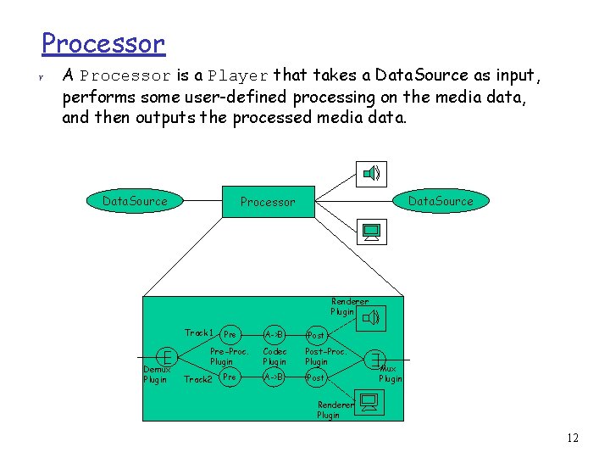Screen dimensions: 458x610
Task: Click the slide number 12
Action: click(x=573, y=438)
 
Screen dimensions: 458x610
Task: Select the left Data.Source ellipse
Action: click(x=135, y=201)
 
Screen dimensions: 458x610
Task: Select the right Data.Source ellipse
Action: click(x=441, y=201)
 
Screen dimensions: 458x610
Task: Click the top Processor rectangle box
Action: click(x=268, y=202)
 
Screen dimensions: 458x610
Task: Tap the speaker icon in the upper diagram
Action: click(x=372, y=174)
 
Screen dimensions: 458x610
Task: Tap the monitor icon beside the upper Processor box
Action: click(x=370, y=231)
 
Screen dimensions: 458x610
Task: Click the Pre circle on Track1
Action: click(x=230, y=334)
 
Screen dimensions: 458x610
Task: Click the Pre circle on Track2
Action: click(x=230, y=376)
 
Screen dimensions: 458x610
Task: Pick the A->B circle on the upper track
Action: click(x=274, y=334)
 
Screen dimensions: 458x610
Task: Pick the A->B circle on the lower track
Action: click(x=274, y=376)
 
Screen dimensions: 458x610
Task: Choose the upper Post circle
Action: click(x=315, y=335)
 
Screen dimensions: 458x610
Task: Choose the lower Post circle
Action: click(x=315, y=377)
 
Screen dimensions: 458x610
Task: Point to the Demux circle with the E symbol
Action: click(x=169, y=356)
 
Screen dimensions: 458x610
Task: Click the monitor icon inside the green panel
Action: click(x=370, y=401)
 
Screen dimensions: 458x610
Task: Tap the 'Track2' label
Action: click(x=198, y=379)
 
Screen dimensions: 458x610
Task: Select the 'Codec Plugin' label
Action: click(x=274, y=356)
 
